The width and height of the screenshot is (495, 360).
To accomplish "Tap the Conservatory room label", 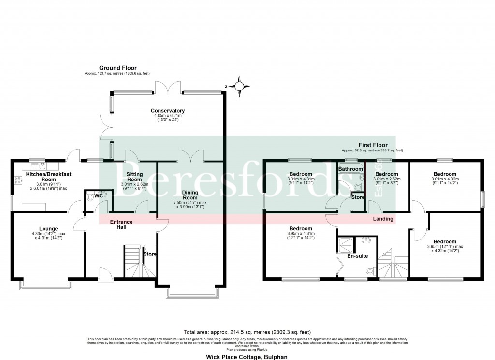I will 168,111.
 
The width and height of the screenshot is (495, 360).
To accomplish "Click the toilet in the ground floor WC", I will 90,197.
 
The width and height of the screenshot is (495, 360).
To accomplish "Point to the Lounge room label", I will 48,229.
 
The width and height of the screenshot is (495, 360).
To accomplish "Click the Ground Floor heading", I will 118,68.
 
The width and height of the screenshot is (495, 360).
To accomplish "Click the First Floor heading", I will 372,145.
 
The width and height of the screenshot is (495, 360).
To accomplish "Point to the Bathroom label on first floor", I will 350,169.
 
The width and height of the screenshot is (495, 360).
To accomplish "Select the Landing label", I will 383,219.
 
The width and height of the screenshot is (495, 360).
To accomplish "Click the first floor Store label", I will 358,197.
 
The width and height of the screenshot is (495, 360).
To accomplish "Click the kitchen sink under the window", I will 38,165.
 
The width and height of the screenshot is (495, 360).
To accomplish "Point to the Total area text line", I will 247,332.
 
